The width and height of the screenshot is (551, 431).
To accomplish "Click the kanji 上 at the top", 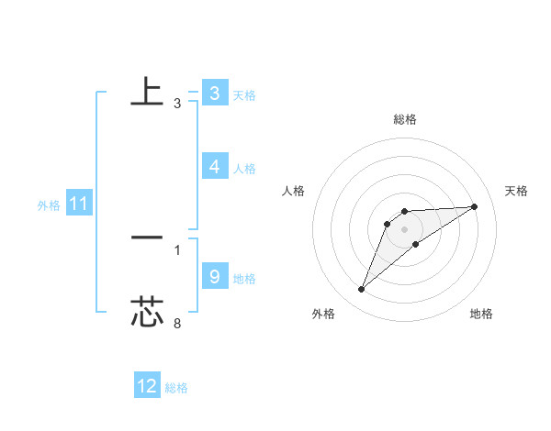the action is pyautogui.click(x=147, y=92).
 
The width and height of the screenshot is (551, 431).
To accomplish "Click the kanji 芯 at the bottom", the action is pyautogui.click(x=147, y=312).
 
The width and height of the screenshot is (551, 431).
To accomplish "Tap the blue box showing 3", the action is pyautogui.click(x=214, y=94).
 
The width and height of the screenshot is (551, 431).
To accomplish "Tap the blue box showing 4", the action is pyautogui.click(x=214, y=167).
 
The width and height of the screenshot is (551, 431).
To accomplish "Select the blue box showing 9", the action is pyautogui.click(x=214, y=276).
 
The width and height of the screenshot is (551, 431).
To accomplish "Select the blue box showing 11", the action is pyautogui.click(x=78, y=204).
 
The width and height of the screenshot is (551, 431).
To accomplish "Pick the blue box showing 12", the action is pyautogui.click(x=147, y=386).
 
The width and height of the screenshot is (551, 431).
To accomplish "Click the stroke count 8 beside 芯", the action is pyautogui.click(x=177, y=323).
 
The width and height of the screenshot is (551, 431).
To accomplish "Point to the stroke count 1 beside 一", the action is pyautogui.click(x=177, y=249).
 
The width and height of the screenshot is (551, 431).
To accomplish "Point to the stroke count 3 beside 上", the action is pyautogui.click(x=177, y=104).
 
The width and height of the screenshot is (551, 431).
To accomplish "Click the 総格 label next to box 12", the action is pyautogui.click(x=176, y=388).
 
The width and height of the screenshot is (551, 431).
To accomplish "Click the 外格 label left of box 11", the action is pyautogui.click(x=49, y=205).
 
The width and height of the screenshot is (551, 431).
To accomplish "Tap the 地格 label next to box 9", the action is pyautogui.click(x=244, y=279).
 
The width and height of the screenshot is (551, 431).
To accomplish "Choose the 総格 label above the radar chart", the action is pyautogui.click(x=404, y=119).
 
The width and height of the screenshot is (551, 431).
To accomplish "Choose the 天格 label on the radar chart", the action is pyautogui.click(x=517, y=191).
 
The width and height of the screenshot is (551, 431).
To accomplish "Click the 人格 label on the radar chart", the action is pyautogui.click(x=294, y=191).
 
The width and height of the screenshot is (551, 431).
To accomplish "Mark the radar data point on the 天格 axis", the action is pyautogui.click(x=475, y=206).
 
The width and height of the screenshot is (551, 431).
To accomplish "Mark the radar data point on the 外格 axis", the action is pyautogui.click(x=362, y=290).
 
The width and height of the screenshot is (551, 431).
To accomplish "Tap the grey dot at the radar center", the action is pyautogui.click(x=404, y=229).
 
